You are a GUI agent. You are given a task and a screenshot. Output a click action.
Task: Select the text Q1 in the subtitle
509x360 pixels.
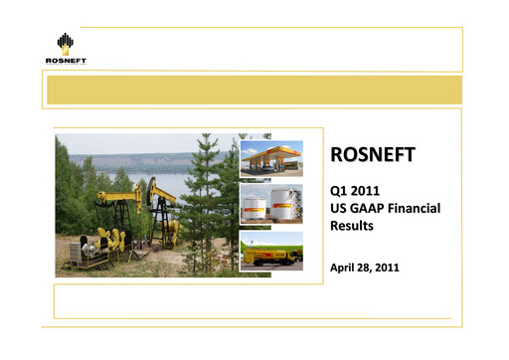point(339,190)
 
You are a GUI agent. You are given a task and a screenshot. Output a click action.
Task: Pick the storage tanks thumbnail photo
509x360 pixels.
point(271,204)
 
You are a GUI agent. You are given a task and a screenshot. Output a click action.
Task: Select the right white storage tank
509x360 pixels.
point(284,206)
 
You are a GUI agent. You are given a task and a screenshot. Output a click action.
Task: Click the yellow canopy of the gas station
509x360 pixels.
point(270,152)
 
